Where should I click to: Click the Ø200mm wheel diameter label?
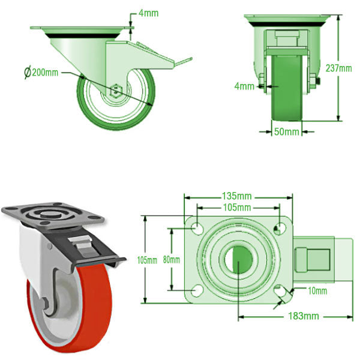point(41,73)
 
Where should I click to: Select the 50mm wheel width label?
point(286,131)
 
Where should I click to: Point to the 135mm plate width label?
point(237,196)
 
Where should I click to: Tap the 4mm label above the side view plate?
point(148,13)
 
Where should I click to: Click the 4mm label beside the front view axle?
point(244,86)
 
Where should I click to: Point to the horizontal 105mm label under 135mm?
point(237,208)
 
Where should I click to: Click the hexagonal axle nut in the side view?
point(116,89)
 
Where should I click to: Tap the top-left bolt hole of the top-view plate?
point(196,227)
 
